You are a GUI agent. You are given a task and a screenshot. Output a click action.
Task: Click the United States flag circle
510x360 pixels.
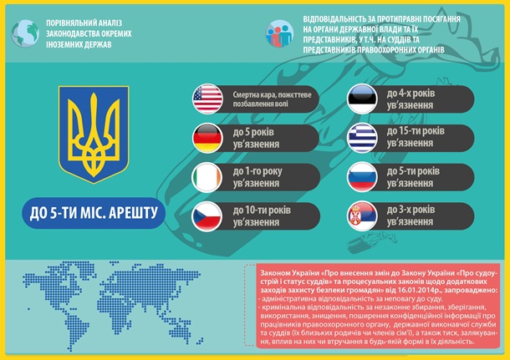point(207,99)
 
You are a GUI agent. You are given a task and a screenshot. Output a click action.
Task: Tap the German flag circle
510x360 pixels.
point(207,138)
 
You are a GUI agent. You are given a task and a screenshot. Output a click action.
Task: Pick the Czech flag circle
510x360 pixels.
point(207,216)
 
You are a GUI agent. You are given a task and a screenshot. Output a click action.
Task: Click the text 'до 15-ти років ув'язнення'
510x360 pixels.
point(416,137)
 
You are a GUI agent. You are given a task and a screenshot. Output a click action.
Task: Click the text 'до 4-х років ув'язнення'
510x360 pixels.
point(413,98)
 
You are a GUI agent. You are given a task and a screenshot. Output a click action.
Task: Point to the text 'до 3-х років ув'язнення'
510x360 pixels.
point(413,216)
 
